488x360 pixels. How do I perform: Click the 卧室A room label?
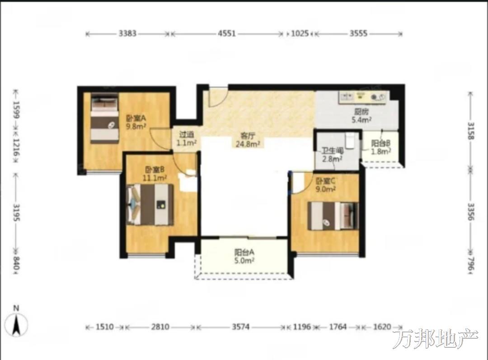pos(136,122)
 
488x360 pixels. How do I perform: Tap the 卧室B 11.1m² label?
pos(155,174)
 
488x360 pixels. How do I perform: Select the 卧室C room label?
pos(325,185)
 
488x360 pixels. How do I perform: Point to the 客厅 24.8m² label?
pos(248,140)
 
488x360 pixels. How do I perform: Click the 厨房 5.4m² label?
pos(361,116)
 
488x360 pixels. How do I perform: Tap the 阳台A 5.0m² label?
pos(244,256)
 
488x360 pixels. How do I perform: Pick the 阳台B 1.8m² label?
pos(381,147)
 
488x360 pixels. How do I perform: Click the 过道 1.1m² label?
pos(187,139)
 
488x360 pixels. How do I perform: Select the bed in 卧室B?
pos(150,204)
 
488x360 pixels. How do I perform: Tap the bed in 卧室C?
pos(333,216)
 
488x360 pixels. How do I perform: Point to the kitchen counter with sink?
pos(363,96)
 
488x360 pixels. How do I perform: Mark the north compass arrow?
pos(17,325)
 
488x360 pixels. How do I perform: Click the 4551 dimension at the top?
pos(226,33)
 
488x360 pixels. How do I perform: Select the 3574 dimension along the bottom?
pos(240,327)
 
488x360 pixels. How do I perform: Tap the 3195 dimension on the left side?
pos(16,213)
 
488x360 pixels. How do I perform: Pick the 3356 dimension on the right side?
pos(471,212)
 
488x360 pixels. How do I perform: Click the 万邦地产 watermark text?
pos(435,339)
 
